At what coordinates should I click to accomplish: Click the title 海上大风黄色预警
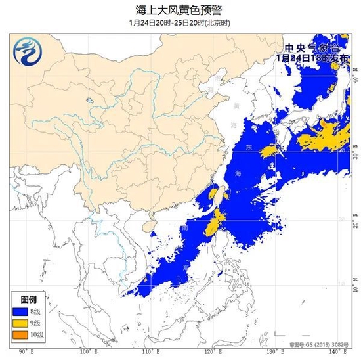[x=180, y=9]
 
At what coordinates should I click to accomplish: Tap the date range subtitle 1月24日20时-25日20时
[x=180, y=22]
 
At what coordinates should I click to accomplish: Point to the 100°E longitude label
[x=85, y=352]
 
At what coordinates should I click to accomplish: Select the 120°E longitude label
[x=213, y=352]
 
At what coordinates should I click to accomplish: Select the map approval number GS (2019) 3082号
[x=319, y=344]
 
